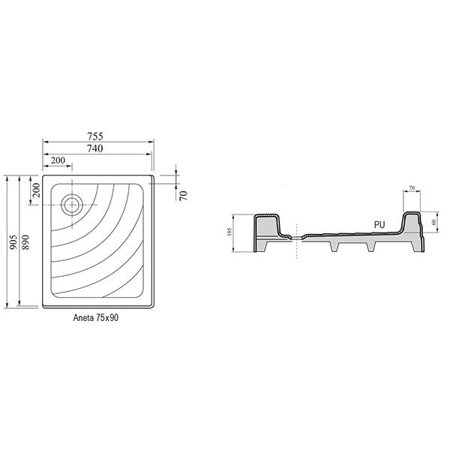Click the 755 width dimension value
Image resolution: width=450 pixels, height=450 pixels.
tap(95, 136)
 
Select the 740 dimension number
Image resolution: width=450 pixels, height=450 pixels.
tap(95, 148)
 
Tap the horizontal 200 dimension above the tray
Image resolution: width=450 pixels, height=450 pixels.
tap(58, 160)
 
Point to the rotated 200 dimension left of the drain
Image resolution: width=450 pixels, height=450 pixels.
tap(36, 190)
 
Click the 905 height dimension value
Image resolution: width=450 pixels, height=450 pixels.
tap(13, 242)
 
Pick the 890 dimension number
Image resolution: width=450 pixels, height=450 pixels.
tap(25, 242)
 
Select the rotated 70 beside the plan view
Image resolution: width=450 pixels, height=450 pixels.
tap(183, 196)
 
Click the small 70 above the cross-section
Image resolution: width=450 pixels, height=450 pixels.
tap(412, 188)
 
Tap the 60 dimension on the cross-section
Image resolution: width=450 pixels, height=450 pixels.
tap(433, 222)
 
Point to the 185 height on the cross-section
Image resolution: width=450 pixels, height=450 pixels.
tap(229, 232)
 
